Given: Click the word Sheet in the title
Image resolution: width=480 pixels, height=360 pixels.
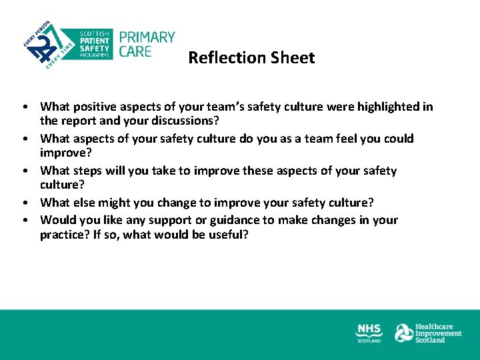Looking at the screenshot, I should click(293, 58).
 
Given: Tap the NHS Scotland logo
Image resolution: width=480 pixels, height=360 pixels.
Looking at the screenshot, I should click(369, 333).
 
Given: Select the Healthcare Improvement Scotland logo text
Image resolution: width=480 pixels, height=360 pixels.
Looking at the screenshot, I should click(438, 333).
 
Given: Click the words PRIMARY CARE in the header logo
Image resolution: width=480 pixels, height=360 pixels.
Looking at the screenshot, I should click(146, 44).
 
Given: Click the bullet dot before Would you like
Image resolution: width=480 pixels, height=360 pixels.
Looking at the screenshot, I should click(23, 220).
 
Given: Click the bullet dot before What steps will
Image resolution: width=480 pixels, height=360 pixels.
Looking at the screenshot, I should click(23, 171).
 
